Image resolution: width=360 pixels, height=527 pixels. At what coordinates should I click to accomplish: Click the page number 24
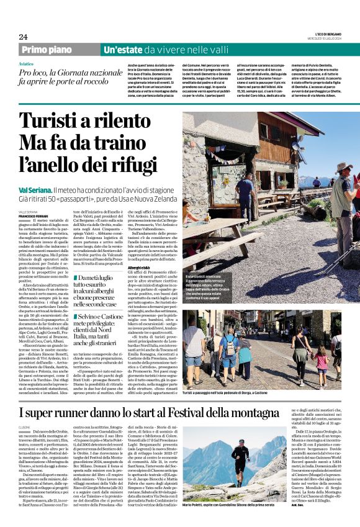pyautogui.click(x=23, y=37)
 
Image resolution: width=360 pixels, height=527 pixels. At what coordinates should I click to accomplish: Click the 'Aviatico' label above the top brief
pyautogui.click(x=26, y=64)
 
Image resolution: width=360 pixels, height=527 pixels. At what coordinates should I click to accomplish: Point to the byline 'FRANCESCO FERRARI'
pyautogui.click(x=35, y=215)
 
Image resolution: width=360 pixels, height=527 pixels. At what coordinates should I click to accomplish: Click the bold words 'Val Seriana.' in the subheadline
pyautogui.click(x=35, y=189)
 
